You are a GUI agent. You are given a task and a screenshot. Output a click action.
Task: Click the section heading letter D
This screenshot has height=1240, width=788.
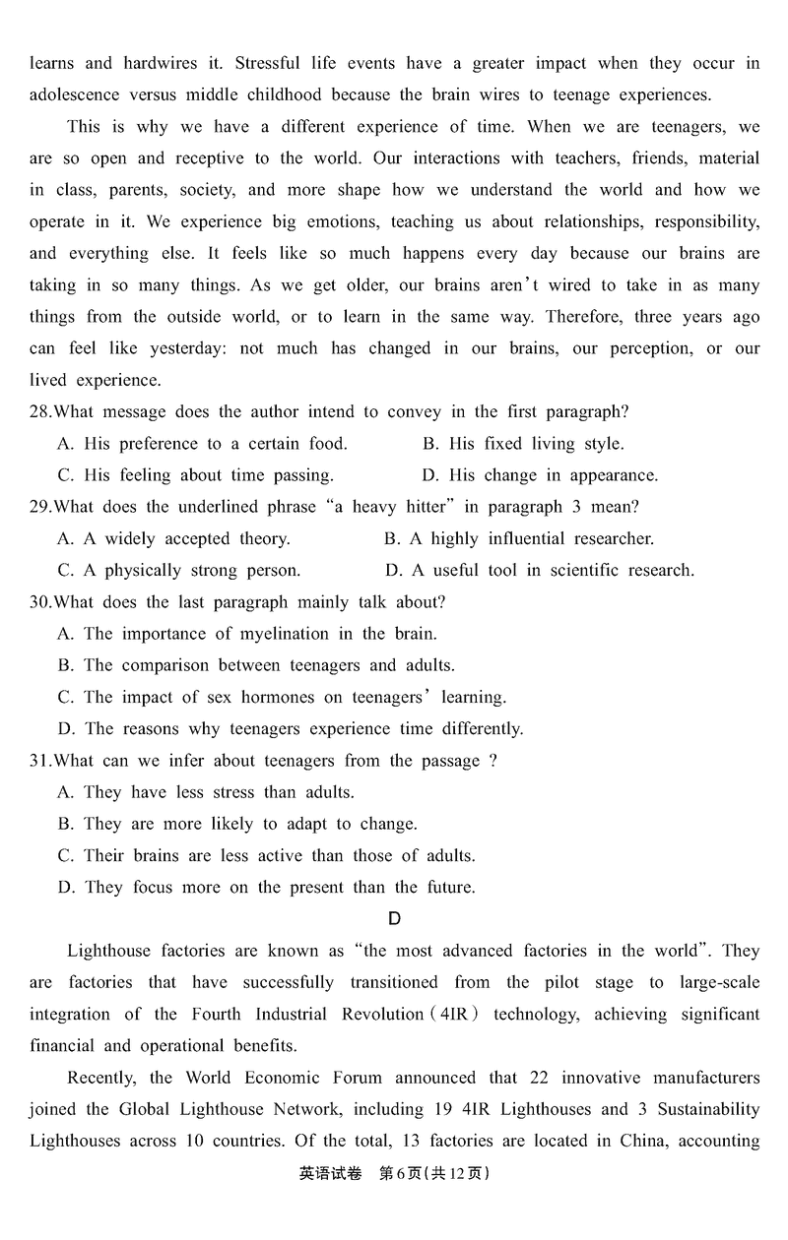pos(394,919)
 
